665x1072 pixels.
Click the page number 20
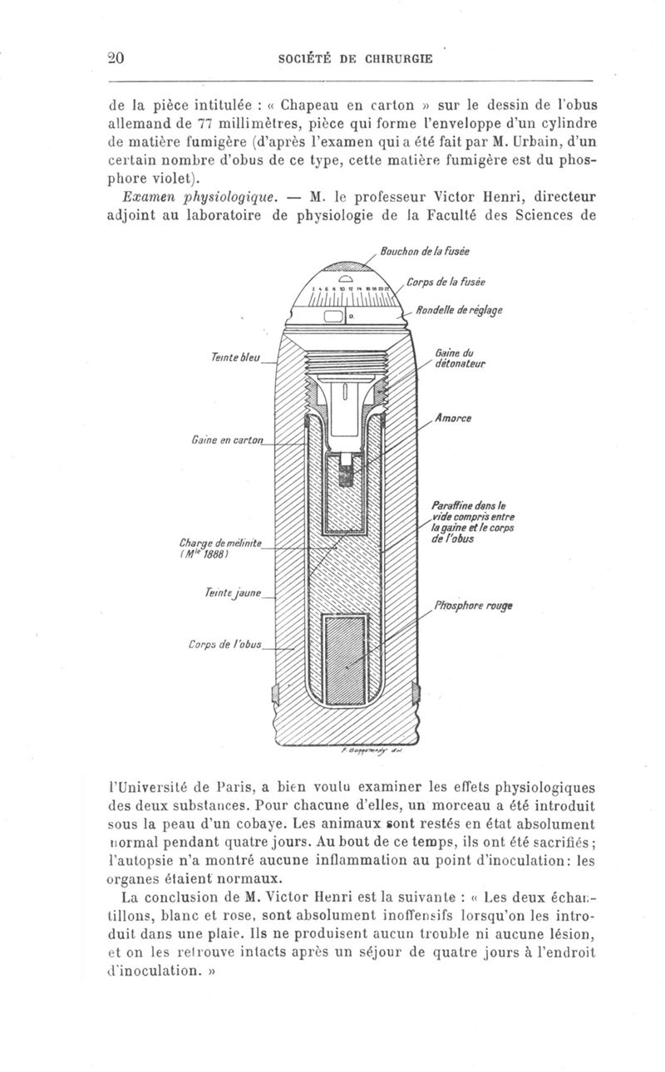116,57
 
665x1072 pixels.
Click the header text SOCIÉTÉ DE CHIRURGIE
357,58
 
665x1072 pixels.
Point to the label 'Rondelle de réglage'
459,311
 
